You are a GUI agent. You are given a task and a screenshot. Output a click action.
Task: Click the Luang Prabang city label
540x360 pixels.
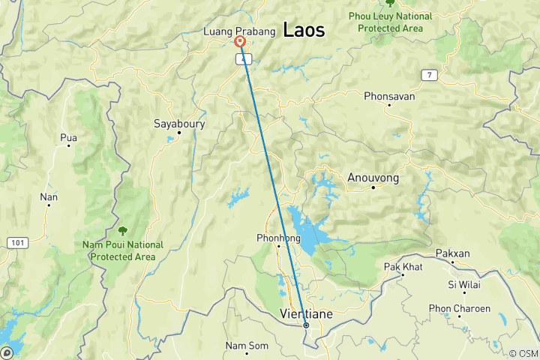click(x=239, y=31)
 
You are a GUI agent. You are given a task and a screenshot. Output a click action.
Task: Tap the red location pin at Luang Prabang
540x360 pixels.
click(x=240, y=43)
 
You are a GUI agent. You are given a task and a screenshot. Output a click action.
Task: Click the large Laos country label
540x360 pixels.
click(x=304, y=31)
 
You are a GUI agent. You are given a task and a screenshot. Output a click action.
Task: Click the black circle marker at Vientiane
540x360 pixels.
click(x=306, y=325)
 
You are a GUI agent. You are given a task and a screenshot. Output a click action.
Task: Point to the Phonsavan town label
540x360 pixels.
click(x=388, y=96)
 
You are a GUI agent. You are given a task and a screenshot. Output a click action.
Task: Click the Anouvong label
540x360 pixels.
click(x=373, y=178)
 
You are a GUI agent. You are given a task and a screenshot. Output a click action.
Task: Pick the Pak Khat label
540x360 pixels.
click(x=403, y=267)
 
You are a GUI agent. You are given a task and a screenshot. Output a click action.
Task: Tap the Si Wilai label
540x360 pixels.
click(x=463, y=284)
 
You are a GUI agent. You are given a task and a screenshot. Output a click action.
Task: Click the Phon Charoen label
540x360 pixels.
click(x=459, y=308)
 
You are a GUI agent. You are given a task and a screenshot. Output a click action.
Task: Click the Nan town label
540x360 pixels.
click(x=49, y=196)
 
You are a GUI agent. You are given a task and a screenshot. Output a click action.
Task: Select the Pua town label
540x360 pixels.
click(x=68, y=137)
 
